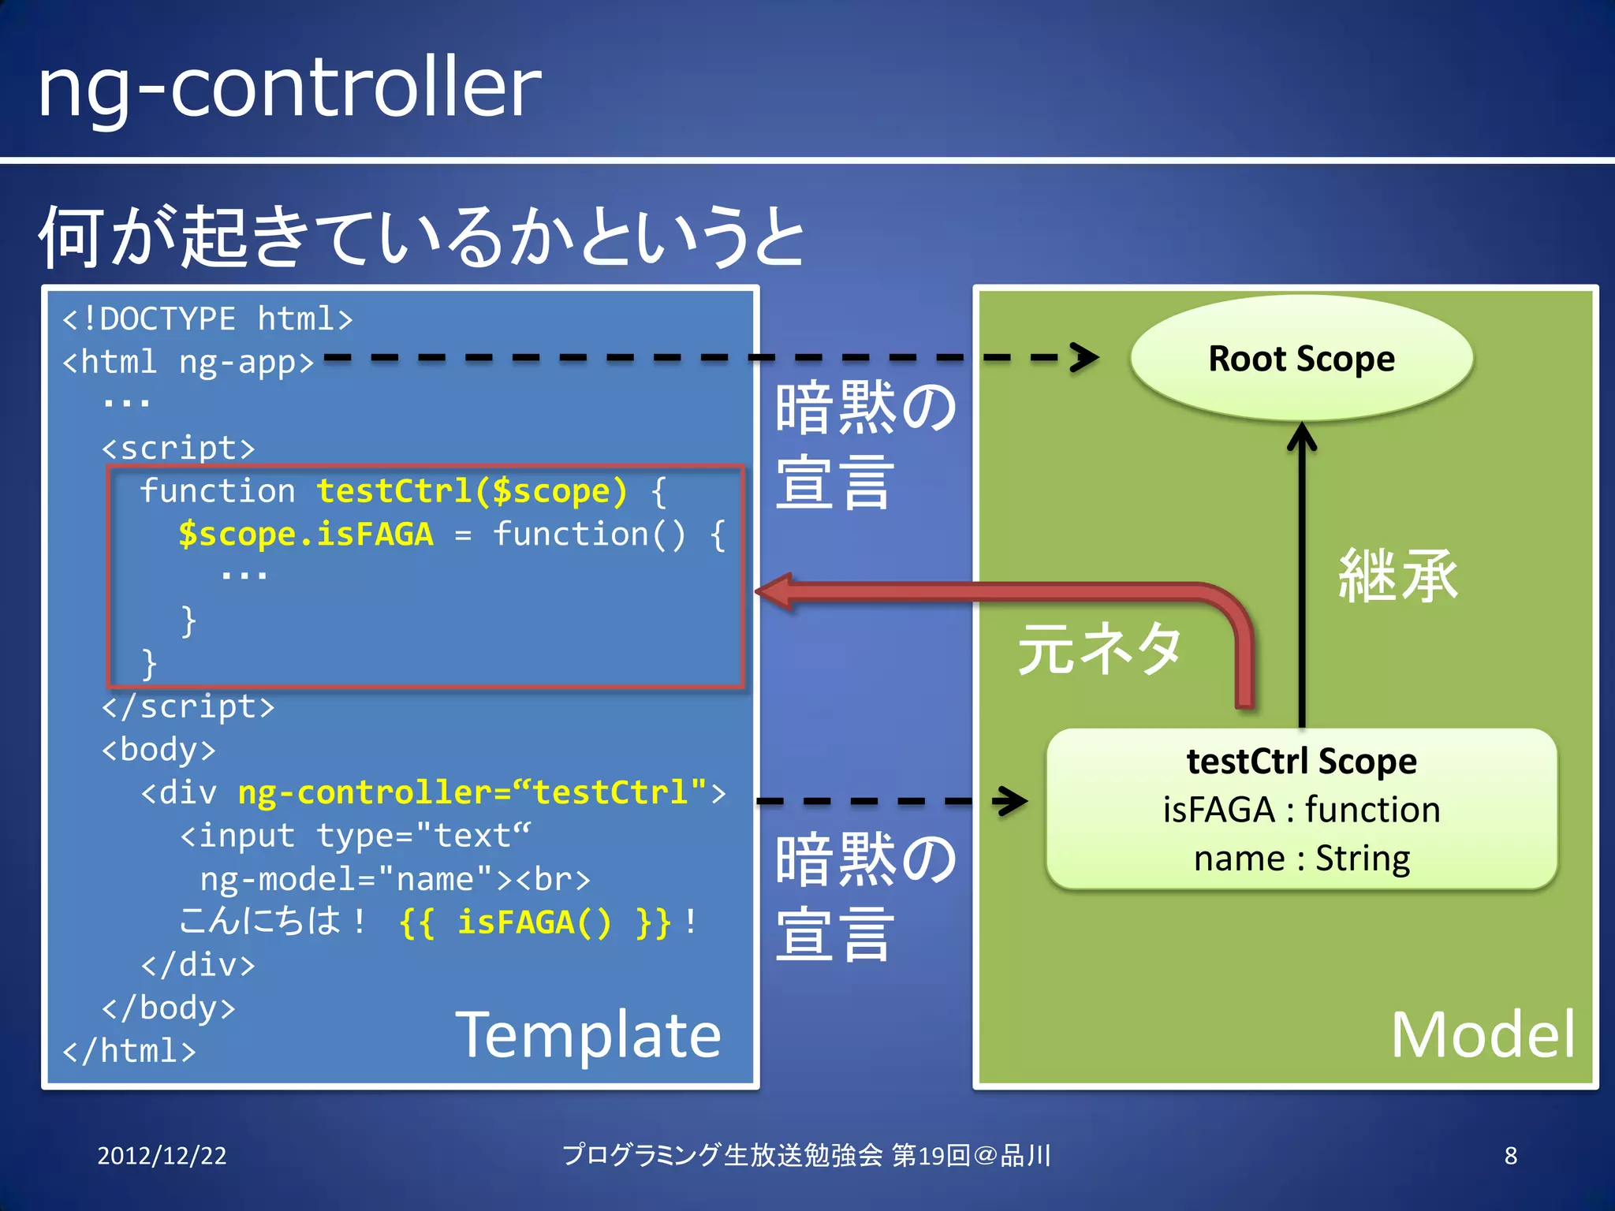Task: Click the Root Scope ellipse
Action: pos(1301,359)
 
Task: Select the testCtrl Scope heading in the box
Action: pos(1301,762)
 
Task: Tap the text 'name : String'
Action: pos(1301,859)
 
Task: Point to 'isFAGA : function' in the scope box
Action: pos(1301,810)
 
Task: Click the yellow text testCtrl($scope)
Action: pos(472,491)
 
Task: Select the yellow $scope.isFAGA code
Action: pos(306,535)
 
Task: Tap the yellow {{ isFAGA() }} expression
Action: pos(535,922)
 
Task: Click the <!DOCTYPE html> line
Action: pos(207,319)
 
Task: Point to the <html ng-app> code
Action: pos(188,362)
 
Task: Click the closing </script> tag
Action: pos(188,706)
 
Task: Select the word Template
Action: pos(588,1035)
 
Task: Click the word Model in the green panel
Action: pos(1482,1035)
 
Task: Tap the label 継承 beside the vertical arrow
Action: pos(1397,576)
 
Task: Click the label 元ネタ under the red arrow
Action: pos(1099,648)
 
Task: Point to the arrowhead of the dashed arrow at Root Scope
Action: pos(1087,357)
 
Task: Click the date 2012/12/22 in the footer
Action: pos(162,1156)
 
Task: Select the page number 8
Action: pos(1510,1156)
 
